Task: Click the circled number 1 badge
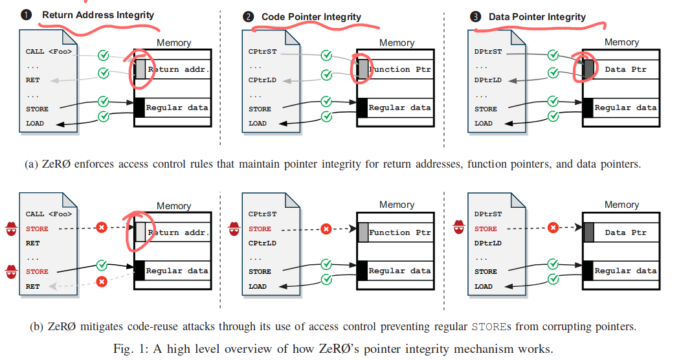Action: click(x=27, y=14)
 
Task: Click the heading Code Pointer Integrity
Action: click(x=311, y=17)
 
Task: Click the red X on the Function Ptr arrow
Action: click(x=326, y=229)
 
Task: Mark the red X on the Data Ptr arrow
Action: click(x=553, y=228)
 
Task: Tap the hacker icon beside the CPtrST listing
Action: click(x=234, y=228)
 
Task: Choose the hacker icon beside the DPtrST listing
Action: click(x=460, y=227)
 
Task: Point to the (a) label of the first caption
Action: click(x=32, y=164)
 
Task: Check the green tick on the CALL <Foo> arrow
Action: click(x=102, y=55)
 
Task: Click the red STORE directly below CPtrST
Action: click(x=260, y=229)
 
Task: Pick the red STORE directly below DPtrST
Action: click(x=486, y=229)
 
